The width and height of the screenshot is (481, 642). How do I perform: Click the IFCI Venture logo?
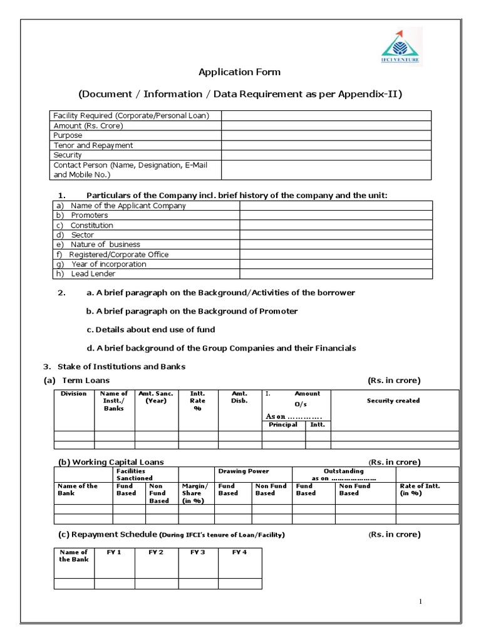click(x=401, y=47)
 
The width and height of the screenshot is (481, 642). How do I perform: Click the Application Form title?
click(x=240, y=72)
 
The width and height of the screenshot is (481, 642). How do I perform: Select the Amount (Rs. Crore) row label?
click(x=88, y=125)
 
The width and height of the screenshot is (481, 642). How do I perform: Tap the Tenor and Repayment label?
click(x=93, y=145)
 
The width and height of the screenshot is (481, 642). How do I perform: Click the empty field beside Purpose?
click(x=326, y=135)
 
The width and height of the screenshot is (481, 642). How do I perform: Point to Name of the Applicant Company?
click(x=128, y=206)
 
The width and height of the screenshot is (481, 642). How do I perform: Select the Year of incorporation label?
click(x=108, y=264)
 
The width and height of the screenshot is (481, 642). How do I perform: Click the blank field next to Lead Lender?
click(x=336, y=274)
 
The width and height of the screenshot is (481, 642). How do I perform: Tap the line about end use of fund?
click(x=151, y=330)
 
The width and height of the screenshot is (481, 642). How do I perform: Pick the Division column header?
click(x=74, y=394)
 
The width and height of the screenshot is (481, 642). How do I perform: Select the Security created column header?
click(x=393, y=401)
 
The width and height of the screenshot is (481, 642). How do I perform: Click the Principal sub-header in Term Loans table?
click(x=283, y=425)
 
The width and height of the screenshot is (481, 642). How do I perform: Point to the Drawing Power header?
click(x=244, y=471)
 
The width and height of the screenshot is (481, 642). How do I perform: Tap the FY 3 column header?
click(x=198, y=552)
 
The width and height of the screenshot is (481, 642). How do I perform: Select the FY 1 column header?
click(x=115, y=552)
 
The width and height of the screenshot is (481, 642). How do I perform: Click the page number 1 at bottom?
click(x=421, y=602)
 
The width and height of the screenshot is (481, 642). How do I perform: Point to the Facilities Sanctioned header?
click(x=131, y=474)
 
